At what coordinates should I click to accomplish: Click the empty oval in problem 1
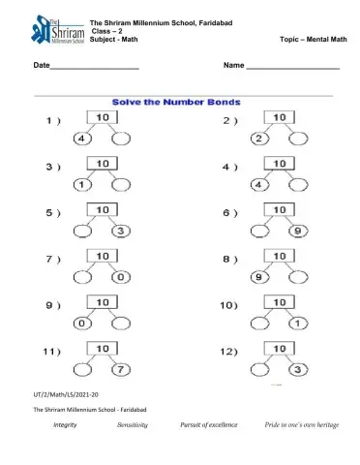pos(119,139)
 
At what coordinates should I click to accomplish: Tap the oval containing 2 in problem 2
pos(258,139)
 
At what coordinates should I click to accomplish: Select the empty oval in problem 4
pos(296,185)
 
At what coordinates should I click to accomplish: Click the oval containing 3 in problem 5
pos(119,231)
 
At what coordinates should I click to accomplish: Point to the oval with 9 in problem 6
pos(296,231)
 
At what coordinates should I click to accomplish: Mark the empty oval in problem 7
pos(82,277)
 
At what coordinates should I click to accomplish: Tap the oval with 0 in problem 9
pos(82,323)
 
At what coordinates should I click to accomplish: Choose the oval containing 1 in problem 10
pos(296,323)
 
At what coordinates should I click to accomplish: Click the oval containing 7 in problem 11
pos(119,369)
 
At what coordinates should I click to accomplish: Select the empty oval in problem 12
pos(258,369)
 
